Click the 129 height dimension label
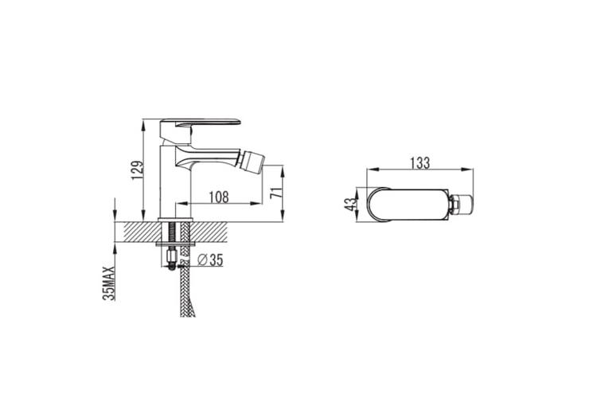pyautogui.click(x=138, y=170)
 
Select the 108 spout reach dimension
pyautogui.click(x=219, y=197)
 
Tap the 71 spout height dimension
pyautogui.click(x=276, y=193)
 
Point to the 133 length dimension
pyautogui.click(x=420, y=163)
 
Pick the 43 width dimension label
pyautogui.click(x=351, y=204)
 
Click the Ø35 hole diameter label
pyautogui.click(x=210, y=260)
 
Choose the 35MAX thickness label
pyautogui.click(x=109, y=283)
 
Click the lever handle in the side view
pyautogui.click(x=200, y=128)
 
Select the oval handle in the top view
pyautogui.click(x=408, y=205)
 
